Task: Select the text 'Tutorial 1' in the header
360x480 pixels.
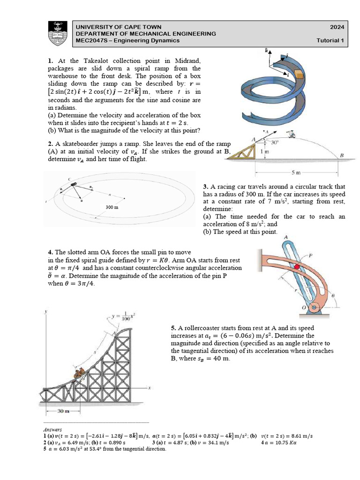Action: pyautogui.click(x=330, y=40)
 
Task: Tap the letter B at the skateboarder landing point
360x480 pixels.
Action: pyautogui.click(x=341, y=155)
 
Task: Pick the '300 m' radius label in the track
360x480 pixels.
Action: pyautogui.click(x=111, y=207)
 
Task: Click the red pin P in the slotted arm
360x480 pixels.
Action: pyautogui.click(x=296, y=267)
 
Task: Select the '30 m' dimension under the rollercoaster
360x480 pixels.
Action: pyautogui.click(x=63, y=411)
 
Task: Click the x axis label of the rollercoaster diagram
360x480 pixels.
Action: pyautogui.click(x=149, y=388)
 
